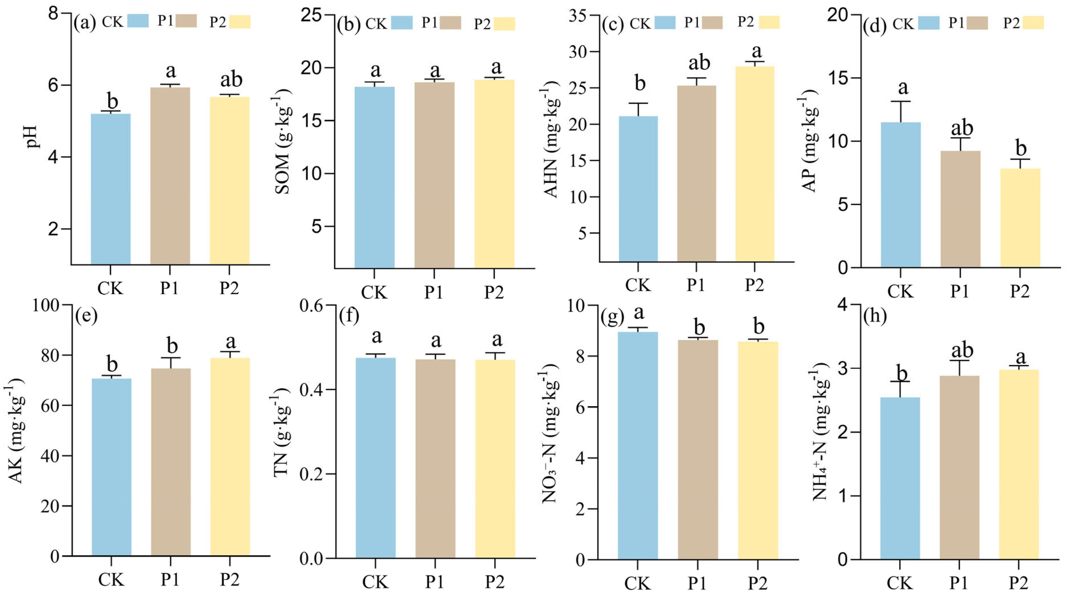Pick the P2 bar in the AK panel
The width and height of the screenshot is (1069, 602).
coord(230,457)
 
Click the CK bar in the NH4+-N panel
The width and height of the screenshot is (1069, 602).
coord(900,478)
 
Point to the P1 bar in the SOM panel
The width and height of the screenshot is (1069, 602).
coord(434,175)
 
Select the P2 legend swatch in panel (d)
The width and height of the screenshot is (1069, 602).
coord(1033,23)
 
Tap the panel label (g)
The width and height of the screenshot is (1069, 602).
coord(612,317)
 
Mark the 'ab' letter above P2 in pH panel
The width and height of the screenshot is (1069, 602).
coord(231,79)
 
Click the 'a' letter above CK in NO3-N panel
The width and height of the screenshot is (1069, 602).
coord(639,313)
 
